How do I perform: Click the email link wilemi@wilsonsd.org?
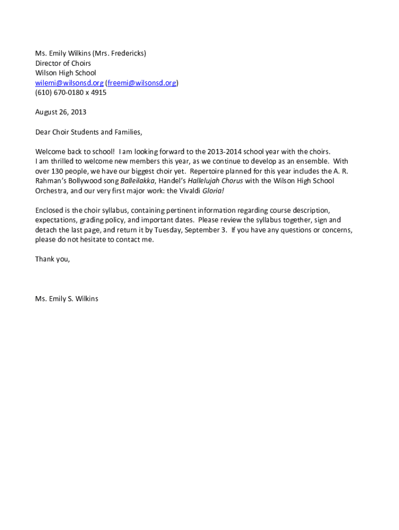69,83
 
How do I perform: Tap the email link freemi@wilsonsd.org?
141,83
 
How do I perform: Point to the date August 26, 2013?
61,112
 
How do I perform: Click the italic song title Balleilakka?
137,181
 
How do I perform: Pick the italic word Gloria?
213,190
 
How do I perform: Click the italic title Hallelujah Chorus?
215,181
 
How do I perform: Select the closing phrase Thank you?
52,259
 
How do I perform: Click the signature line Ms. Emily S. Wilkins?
66,299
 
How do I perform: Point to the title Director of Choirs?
63,63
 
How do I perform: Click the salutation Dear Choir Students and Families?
88,132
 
